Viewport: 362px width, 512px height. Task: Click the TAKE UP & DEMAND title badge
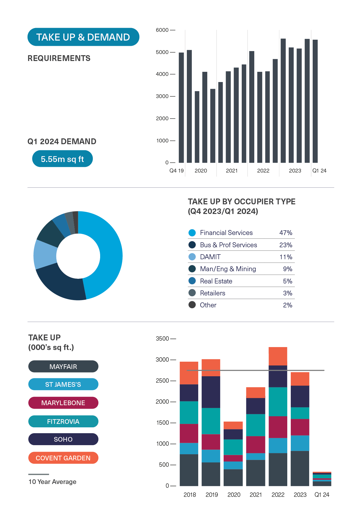[83, 37]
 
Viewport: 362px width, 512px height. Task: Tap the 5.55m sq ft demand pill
[62, 159]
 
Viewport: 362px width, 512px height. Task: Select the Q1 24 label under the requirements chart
[319, 171]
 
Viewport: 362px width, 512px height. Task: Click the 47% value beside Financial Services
[286, 233]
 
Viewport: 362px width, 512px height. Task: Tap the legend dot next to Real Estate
[192, 281]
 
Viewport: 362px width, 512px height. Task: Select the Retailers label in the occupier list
[213, 293]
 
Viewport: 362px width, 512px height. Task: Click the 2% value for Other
[287, 305]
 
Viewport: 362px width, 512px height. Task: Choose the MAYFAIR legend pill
[63, 367]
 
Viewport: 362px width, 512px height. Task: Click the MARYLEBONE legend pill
[63, 403]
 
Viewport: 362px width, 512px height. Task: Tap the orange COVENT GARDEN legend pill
[63, 458]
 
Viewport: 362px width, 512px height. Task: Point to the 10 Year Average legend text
[53, 482]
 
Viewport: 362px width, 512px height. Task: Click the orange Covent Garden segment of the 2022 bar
[278, 356]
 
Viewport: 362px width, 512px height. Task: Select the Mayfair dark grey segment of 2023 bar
[300, 468]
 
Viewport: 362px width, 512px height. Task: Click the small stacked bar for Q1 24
[322, 479]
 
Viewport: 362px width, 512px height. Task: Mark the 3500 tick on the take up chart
[162, 339]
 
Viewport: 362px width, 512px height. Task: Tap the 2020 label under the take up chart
[234, 495]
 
